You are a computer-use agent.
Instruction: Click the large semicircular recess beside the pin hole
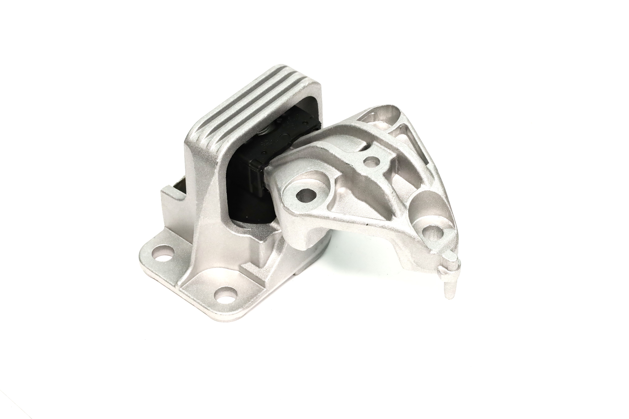pos(425,203)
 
